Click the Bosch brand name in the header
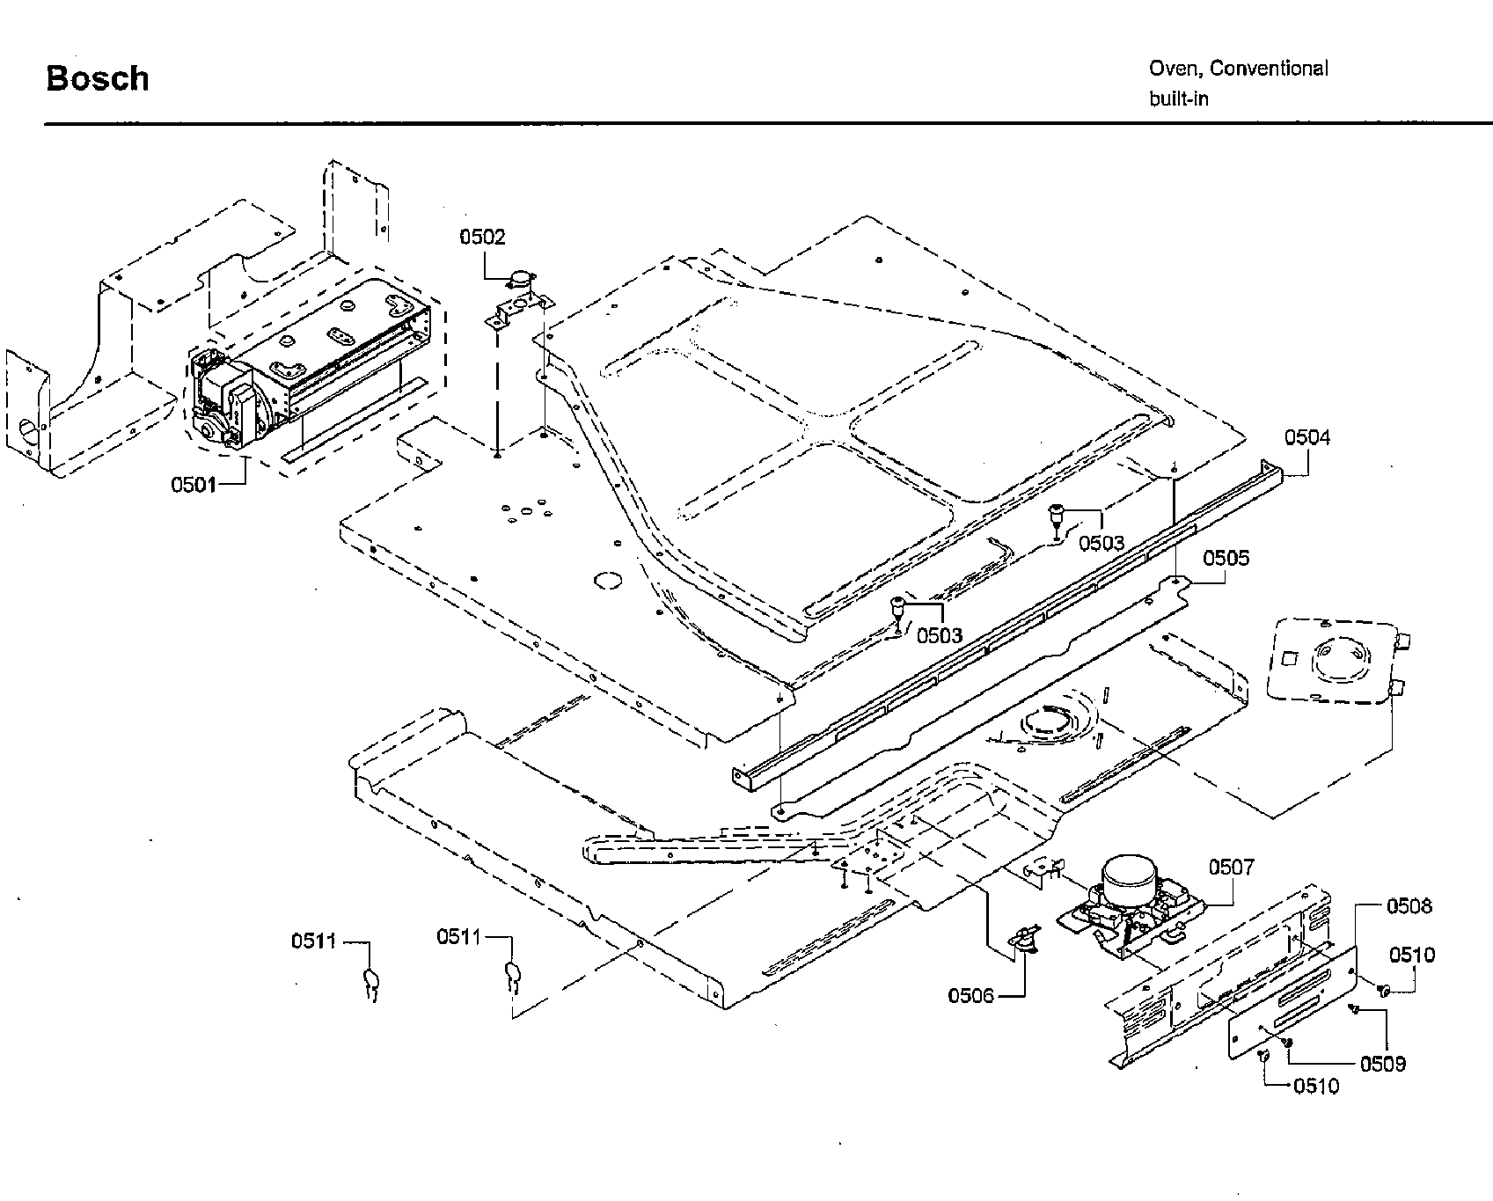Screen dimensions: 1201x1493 97,78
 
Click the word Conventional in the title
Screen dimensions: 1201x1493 1270,69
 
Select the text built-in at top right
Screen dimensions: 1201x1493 1178,99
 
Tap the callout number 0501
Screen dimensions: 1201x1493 194,485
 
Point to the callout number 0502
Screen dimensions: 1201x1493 482,237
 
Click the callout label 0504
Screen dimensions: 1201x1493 1307,437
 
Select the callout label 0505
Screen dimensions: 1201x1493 1226,558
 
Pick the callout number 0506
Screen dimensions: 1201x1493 970,995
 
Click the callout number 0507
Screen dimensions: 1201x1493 1231,868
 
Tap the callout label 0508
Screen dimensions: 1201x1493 1409,906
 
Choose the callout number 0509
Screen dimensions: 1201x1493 1383,1064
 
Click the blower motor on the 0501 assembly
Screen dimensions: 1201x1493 222,396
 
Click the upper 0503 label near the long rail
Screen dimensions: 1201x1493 1101,543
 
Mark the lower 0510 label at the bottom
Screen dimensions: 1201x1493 1316,1087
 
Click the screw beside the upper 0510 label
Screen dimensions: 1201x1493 1382,991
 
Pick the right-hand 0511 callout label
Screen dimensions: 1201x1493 459,937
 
